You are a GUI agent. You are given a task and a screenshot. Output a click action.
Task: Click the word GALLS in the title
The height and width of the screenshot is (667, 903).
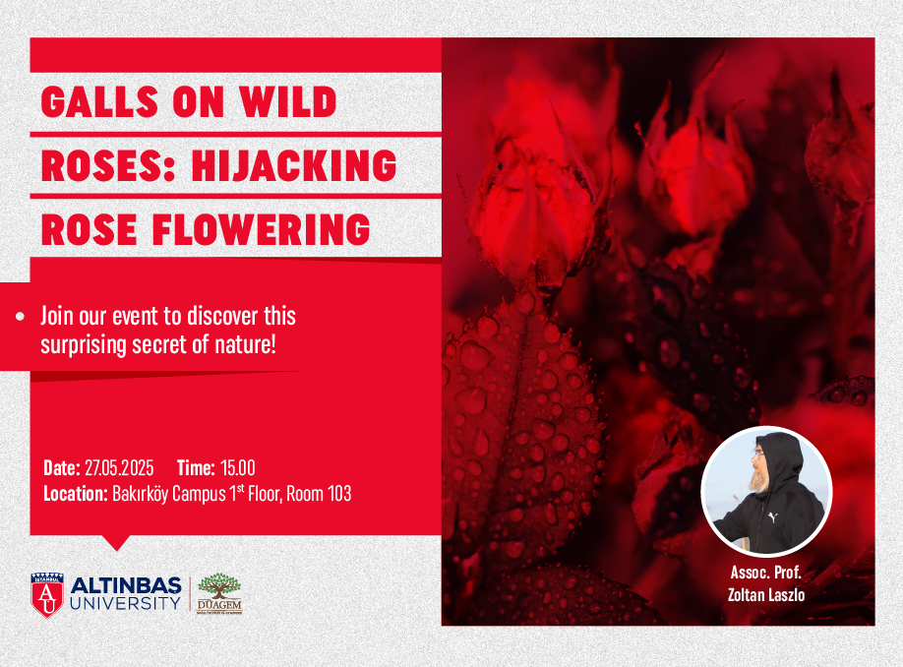99,102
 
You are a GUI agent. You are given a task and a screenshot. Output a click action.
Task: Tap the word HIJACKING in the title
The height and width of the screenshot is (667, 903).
294,165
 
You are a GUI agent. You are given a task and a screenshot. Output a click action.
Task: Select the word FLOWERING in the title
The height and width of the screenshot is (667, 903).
261,229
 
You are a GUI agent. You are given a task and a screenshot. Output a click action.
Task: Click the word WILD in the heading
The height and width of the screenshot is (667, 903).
288,102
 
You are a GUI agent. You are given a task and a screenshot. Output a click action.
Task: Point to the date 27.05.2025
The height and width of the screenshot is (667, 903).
119,467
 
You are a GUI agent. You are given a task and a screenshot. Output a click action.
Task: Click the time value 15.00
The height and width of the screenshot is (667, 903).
238,467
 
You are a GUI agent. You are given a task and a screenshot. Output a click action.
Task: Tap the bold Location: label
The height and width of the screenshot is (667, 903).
76,494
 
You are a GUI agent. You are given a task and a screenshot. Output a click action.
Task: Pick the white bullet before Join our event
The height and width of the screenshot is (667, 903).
21,316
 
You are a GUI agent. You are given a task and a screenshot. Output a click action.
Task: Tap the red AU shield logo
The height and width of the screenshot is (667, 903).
47,595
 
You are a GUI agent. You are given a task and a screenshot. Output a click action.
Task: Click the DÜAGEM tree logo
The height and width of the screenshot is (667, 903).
219,593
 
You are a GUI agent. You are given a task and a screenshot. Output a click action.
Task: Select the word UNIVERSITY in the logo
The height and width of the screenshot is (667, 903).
126,604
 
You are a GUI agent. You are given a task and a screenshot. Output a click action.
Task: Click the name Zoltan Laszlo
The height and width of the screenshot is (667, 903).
766,594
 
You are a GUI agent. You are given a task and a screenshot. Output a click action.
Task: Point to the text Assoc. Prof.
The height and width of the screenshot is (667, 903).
766,573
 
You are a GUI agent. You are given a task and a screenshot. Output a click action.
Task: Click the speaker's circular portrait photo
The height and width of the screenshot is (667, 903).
766,491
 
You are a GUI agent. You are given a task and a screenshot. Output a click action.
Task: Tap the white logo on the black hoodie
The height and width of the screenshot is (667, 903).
773,517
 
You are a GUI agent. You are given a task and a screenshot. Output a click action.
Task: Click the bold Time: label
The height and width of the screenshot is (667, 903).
197,467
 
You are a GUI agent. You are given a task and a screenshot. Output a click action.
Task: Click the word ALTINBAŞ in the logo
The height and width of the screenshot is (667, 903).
126,585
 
